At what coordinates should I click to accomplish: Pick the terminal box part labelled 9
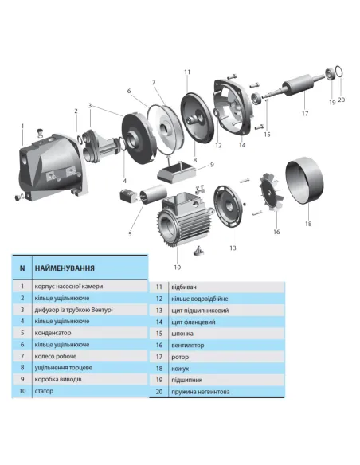[181, 172]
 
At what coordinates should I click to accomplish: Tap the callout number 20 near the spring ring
[342, 100]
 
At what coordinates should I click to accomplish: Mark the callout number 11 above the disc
[188, 72]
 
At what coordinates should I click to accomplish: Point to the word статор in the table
[45, 391]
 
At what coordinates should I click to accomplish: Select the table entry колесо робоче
[59, 356]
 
